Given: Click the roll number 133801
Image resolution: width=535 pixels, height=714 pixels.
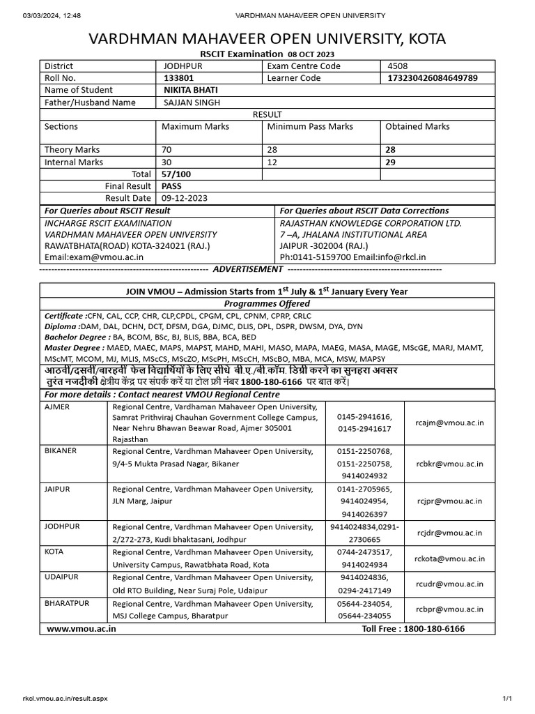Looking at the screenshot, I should click(x=176, y=78).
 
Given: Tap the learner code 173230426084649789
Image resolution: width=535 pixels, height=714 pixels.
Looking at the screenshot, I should click(x=432, y=78).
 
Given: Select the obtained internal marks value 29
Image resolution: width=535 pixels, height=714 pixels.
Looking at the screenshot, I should click(x=391, y=162).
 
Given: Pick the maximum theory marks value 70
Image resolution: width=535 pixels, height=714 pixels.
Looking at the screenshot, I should click(x=166, y=150).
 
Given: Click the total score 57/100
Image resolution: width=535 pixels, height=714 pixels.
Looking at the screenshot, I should click(x=176, y=174).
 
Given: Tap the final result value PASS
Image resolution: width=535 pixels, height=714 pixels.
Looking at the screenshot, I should click(x=171, y=186).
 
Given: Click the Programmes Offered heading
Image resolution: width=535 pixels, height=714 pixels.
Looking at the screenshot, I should click(x=267, y=304).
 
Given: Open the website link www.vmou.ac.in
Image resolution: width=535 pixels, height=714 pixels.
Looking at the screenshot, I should click(x=82, y=629).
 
